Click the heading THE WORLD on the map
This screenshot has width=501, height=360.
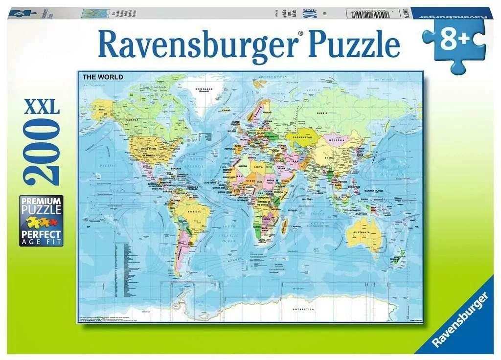[103, 77]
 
